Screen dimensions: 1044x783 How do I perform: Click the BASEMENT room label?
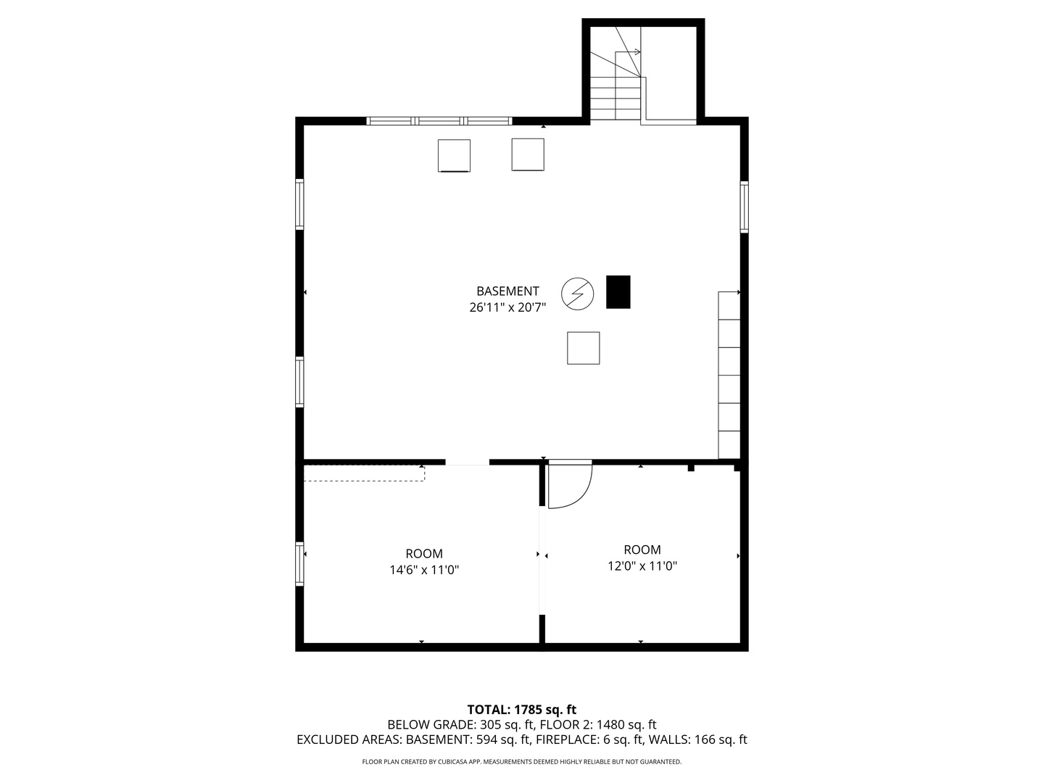(507, 291)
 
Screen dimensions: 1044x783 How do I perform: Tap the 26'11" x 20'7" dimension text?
(507, 307)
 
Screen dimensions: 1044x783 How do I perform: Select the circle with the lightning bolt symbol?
(577, 294)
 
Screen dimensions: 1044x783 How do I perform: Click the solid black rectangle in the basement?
(618, 292)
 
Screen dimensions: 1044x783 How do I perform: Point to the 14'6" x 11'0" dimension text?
(424, 570)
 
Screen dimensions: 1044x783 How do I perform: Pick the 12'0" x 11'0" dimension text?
(642, 566)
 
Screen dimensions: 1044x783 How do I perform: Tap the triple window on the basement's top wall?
(439, 121)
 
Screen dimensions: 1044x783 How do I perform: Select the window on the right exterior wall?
(744, 207)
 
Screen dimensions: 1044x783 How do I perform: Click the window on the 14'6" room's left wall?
(299, 564)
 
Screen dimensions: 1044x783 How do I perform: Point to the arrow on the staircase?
(628, 51)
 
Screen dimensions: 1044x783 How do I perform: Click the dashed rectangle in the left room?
(364, 473)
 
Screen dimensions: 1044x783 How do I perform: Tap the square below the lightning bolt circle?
(583, 348)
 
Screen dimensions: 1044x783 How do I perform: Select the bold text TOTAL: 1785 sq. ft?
(522, 709)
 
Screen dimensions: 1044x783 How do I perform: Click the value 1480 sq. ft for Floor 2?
(626, 724)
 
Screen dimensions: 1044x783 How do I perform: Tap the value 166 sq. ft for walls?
(721, 739)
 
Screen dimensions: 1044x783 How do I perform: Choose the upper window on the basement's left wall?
(299, 204)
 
